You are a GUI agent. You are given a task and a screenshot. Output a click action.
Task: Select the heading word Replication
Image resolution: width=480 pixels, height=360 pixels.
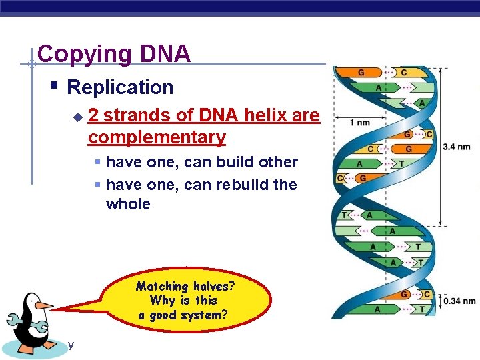click(120, 87)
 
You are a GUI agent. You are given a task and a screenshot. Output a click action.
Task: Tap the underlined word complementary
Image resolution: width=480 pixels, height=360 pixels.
click(157, 137)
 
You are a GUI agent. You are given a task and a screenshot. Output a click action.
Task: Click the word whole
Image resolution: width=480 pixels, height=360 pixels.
click(128, 204)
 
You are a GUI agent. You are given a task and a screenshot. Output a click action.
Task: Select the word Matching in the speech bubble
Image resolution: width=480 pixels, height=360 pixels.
click(162, 286)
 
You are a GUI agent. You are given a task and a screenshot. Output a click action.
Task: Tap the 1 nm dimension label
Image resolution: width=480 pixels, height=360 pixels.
click(360, 123)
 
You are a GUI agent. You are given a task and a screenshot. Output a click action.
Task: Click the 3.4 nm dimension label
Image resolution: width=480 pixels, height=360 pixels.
click(456, 147)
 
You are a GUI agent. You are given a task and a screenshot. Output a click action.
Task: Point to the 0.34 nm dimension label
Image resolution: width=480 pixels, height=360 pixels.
click(459, 301)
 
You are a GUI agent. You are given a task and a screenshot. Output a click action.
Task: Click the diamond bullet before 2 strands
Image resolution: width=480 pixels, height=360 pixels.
click(77, 117)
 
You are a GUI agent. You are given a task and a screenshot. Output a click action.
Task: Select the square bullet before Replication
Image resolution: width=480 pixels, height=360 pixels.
click(55, 85)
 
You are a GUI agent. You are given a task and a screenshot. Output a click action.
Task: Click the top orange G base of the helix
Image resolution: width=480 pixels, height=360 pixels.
click(361, 72)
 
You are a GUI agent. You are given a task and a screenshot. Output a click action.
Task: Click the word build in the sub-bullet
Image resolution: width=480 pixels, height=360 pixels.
click(233, 162)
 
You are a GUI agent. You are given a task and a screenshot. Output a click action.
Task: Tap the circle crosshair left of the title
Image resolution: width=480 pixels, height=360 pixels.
click(31, 65)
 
